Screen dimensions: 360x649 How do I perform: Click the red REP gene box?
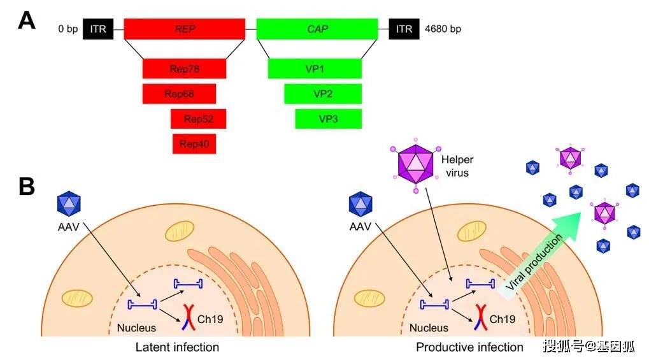184,29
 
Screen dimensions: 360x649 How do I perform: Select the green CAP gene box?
316,29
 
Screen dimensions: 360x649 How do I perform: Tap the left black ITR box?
98,29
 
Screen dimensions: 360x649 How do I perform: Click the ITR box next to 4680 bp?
404,29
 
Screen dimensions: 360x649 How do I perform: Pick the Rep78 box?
184,68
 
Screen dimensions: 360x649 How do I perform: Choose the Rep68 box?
179,94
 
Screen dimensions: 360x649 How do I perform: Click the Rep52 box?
198,119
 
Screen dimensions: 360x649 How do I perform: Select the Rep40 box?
194,143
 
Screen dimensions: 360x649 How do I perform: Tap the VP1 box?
315,68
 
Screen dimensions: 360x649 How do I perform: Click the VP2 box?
323,94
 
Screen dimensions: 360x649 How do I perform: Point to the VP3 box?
328,119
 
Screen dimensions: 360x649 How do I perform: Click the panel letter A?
26,21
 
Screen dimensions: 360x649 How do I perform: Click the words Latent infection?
177,347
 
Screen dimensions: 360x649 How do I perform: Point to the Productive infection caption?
469,347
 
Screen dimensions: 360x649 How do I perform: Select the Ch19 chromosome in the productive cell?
478,317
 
